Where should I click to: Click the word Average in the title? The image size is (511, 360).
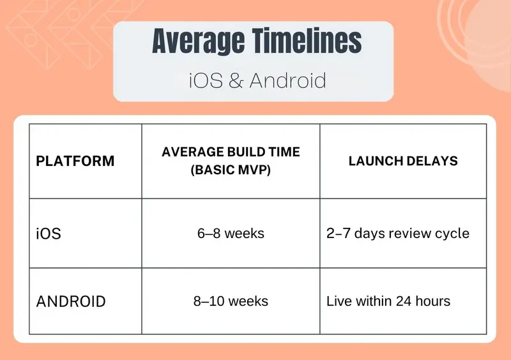198,41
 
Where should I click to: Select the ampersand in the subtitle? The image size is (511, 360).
236,80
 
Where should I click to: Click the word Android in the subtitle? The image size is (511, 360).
288,80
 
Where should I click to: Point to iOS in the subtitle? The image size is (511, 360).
206,80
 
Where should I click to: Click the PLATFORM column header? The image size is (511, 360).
75,161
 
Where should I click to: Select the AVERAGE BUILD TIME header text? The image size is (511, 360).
231,152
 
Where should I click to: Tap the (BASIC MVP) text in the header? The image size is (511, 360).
231,170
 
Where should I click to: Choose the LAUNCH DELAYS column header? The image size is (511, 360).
403,161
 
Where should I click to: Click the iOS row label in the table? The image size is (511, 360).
49,234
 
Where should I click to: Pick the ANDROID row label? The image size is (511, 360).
71,301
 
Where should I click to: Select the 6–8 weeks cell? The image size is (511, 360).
231,234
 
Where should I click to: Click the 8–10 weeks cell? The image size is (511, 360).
231,301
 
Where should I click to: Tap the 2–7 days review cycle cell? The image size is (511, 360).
398,234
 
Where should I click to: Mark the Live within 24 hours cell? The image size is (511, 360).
388,301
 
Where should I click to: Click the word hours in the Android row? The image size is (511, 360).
433,301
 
